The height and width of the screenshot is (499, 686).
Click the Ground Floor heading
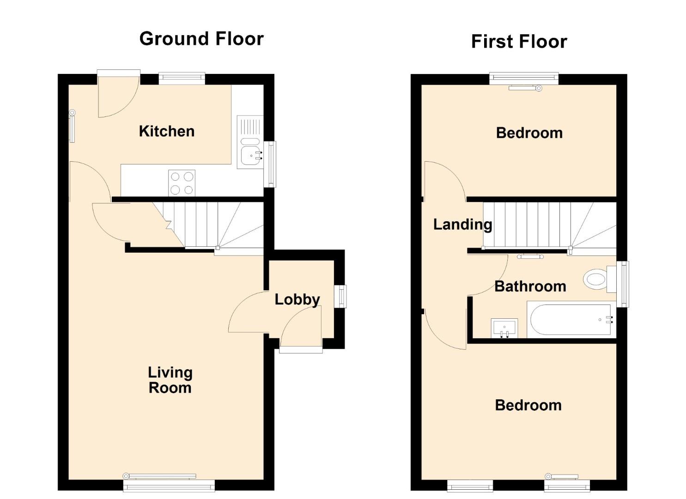pyautogui.click(x=201, y=39)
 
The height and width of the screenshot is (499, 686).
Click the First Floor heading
pyautogui.click(x=519, y=42)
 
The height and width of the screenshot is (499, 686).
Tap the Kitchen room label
pyautogui.click(x=167, y=131)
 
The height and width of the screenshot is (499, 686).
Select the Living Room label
pyautogui.click(x=170, y=380)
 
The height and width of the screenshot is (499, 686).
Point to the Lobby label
pyautogui.click(x=297, y=300)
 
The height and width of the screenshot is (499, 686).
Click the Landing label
pyautogui.click(x=463, y=225)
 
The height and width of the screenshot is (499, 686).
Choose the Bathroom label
pyautogui.click(x=530, y=286)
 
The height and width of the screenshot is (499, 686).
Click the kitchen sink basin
pyautogui.click(x=250, y=156)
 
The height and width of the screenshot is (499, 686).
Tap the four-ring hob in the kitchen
pyautogui.click(x=182, y=183)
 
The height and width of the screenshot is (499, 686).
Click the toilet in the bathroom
pyautogui.click(x=600, y=280)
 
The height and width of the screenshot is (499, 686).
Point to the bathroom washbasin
pyautogui.click(x=504, y=329)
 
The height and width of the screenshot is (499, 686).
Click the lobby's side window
pyautogui.click(x=340, y=296)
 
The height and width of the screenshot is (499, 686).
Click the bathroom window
pyautogui.click(x=623, y=284)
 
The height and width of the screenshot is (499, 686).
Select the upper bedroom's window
pyautogui.click(x=524, y=78)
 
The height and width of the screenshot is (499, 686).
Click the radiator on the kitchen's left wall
pyautogui.click(x=72, y=126)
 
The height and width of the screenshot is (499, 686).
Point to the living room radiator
pyautogui.click(x=159, y=476)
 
